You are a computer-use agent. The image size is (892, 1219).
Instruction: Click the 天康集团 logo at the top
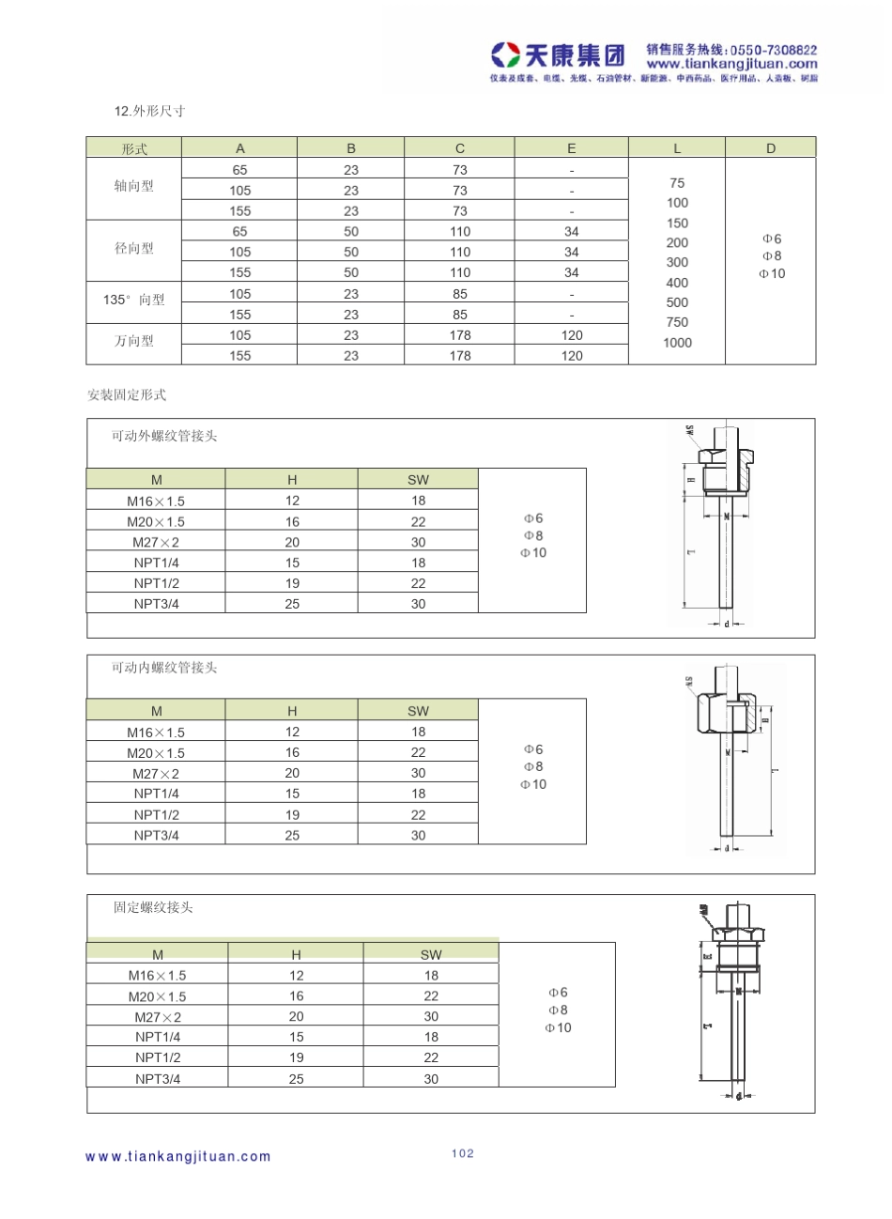[x=559, y=54]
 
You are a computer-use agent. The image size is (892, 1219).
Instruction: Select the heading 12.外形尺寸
[x=150, y=112]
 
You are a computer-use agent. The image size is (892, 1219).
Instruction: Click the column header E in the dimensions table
[x=571, y=148]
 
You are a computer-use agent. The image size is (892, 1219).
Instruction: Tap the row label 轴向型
[x=133, y=187]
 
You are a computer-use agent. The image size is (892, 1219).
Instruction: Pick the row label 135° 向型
[x=133, y=300]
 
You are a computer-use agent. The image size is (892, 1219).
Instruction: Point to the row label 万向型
[x=133, y=341]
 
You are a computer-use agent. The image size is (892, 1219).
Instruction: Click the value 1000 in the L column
[x=677, y=343]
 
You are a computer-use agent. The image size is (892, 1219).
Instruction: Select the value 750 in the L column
[x=677, y=322]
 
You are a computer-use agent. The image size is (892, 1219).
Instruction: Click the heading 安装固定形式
[x=127, y=395]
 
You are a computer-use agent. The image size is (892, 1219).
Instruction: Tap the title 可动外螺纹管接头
[x=164, y=436]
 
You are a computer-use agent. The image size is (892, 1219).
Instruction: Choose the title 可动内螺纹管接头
[x=164, y=668]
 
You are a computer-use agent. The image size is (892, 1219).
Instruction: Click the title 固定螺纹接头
[x=153, y=907]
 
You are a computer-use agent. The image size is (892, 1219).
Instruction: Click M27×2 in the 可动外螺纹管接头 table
[x=156, y=543]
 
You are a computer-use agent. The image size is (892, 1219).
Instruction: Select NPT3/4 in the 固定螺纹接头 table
[x=158, y=1079]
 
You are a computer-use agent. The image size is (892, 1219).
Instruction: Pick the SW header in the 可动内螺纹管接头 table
[x=418, y=711]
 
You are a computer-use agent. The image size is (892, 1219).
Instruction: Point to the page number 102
[x=463, y=1154]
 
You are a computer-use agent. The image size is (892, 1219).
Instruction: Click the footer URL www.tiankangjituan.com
[x=178, y=1157]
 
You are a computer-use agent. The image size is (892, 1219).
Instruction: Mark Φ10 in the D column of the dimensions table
[x=772, y=274]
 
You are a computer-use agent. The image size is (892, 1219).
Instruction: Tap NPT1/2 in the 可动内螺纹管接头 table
[x=156, y=815]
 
